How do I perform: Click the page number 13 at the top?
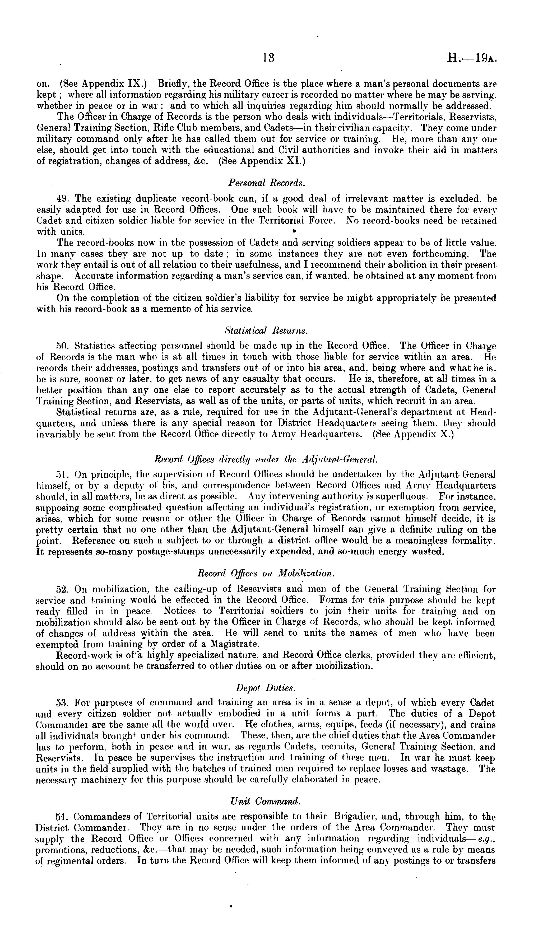point(268,58)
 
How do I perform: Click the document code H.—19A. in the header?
point(472,58)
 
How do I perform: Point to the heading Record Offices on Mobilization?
point(266,574)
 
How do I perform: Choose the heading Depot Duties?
point(266,687)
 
